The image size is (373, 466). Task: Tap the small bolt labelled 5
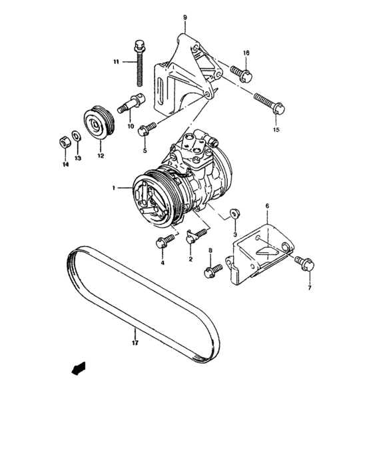point(147,128)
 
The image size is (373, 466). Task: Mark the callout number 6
point(266,206)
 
